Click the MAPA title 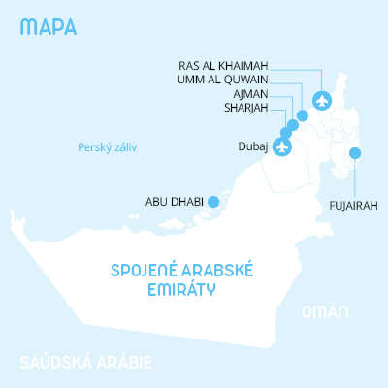click(47, 26)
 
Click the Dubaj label click(252, 148)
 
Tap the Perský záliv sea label click(109, 148)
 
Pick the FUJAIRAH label click(352, 206)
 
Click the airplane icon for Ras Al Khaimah click(323, 99)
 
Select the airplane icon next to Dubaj click(282, 147)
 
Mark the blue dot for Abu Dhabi click(213, 202)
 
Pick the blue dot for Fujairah click(355, 152)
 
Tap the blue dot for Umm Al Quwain click(303, 115)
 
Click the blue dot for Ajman click(293, 125)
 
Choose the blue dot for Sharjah click(286, 133)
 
